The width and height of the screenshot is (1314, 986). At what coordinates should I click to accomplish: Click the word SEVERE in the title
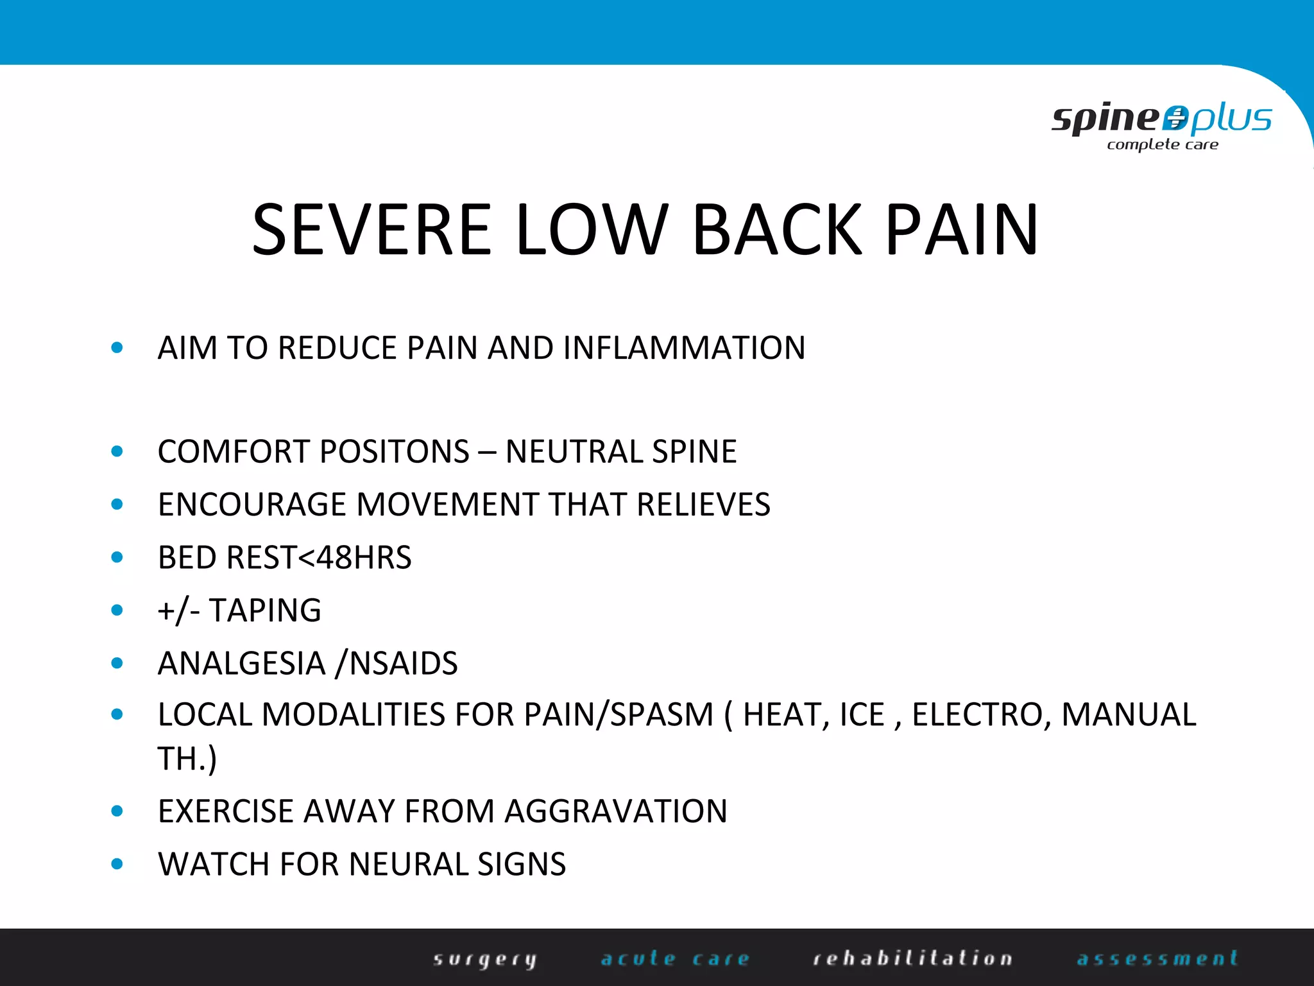372,230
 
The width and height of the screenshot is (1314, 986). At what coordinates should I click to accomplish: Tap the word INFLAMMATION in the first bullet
684,348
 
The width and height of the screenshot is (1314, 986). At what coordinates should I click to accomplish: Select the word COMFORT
237,451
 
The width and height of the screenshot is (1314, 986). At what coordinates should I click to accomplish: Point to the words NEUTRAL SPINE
621,451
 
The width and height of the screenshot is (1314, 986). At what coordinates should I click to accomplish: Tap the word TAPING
265,610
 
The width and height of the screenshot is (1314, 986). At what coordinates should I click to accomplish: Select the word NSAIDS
404,663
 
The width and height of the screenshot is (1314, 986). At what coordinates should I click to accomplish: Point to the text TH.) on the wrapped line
187,759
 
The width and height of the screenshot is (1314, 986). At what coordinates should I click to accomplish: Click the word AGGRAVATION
616,811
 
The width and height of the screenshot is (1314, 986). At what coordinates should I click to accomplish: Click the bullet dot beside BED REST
117,557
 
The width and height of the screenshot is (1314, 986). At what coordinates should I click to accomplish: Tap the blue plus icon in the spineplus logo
1175,119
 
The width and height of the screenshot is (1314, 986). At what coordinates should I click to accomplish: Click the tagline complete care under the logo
1162,145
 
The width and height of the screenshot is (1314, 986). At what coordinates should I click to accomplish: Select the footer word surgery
485,959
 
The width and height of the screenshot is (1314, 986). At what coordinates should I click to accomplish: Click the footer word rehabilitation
912,958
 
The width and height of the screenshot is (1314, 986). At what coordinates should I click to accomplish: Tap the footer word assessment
1157,958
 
